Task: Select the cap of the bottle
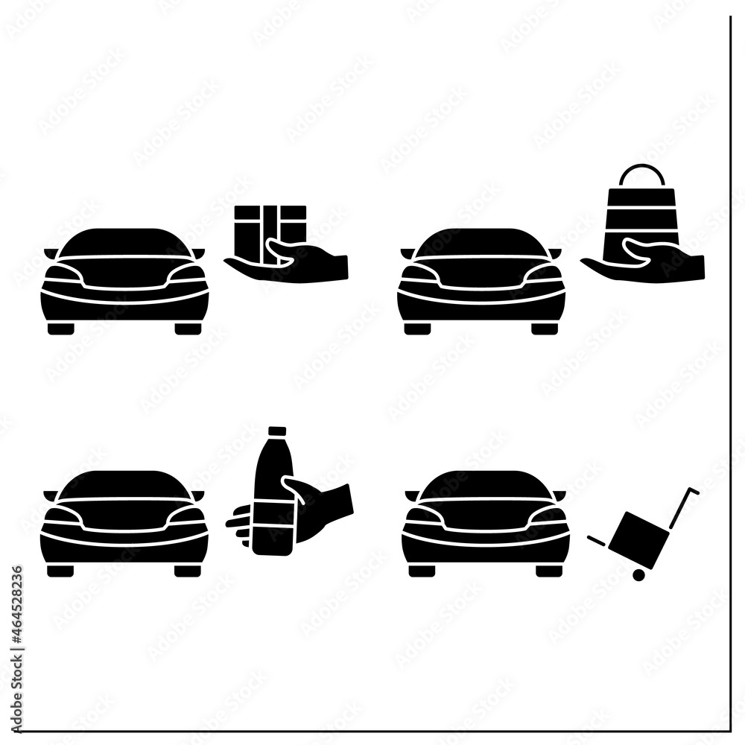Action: click(277, 431)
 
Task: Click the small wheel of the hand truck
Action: click(638, 574)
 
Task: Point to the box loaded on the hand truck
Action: click(635, 534)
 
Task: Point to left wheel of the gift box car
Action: click(60, 329)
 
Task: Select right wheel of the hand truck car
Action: click(548, 571)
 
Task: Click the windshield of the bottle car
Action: click(124, 484)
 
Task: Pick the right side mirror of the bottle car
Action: click(198, 495)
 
